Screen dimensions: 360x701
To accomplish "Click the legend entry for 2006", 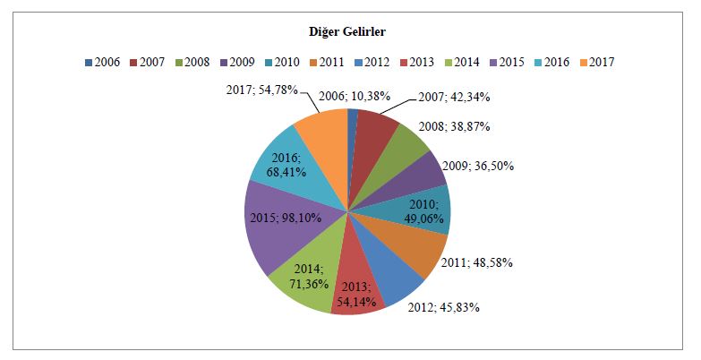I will click(104, 63).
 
